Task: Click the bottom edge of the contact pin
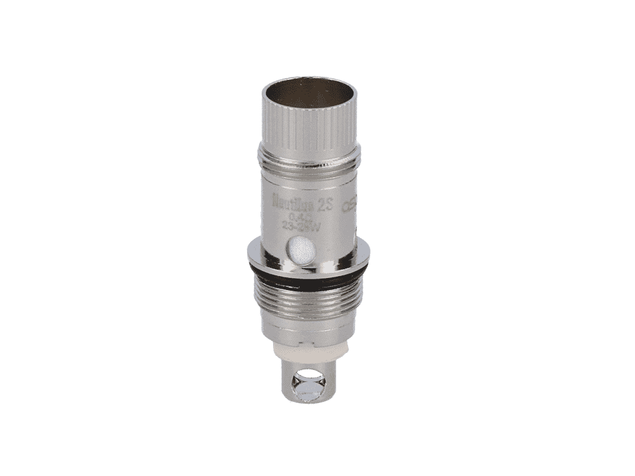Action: (307, 403)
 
